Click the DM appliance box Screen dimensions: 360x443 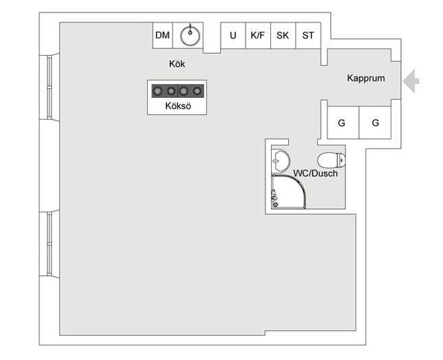pyautogui.click(x=162, y=35)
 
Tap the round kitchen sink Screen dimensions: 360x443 pyautogui.click(x=189, y=35)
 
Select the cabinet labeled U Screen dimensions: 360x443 pyautogui.click(x=233, y=35)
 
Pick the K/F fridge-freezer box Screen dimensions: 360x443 pyautogui.click(x=258, y=35)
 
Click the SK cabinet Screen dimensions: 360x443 pyautogui.click(x=283, y=35)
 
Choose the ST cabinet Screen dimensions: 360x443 pyautogui.click(x=307, y=35)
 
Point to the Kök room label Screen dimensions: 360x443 pyautogui.click(x=177, y=64)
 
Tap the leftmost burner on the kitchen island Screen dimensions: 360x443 pyautogui.click(x=156, y=90)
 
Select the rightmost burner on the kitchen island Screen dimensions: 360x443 pyautogui.click(x=197, y=90)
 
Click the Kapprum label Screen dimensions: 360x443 pyautogui.click(x=365, y=78)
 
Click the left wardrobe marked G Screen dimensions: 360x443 pyautogui.click(x=341, y=123)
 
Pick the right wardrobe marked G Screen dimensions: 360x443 pyautogui.click(x=375, y=123)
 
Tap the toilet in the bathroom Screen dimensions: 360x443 pyautogui.click(x=331, y=160)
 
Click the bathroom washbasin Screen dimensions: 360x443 pyautogui.click(x=279, y=161)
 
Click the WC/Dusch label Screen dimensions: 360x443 pyautogui.click(x=316, y=174)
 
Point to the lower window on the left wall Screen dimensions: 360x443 pyautogui.click(x=50, y=244)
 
